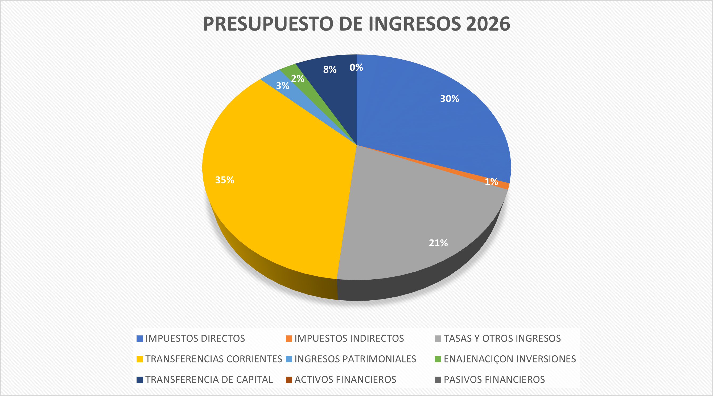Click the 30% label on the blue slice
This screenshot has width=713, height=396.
pos(450,99)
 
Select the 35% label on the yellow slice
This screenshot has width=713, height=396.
pos(224,180)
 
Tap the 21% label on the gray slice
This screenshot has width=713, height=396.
pos(438,243)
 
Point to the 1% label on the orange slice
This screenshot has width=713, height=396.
pos(491,182)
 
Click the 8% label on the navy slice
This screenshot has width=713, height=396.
pos(330,69)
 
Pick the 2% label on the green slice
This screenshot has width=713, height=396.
pos(298,79)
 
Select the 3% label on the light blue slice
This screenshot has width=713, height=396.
pos(283,86)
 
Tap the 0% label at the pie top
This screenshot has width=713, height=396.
pos(356,67)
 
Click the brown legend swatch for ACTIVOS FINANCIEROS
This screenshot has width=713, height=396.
pos(289,380)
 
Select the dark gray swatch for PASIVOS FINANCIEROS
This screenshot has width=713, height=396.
pos(438,380)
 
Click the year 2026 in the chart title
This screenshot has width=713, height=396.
pos(488,24)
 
